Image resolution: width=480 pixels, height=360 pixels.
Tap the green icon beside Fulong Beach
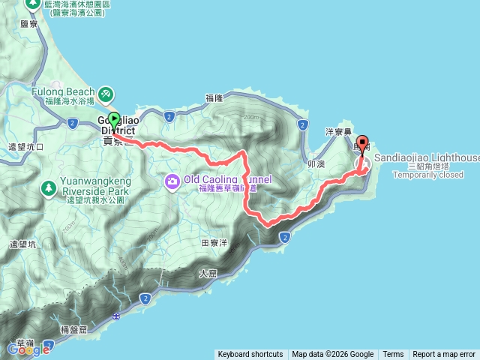click(106, 93)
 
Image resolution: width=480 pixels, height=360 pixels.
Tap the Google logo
click(28, 348)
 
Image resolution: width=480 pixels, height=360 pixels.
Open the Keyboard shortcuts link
click(250, 355)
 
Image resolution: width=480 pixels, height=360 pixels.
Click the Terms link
click(393, 355)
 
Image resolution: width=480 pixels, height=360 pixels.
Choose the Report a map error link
click(444, 355)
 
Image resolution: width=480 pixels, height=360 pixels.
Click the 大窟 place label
click(208, 274)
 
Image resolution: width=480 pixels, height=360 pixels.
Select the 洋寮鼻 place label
click(338, 131)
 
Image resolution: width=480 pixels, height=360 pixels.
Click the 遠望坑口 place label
click(25, 146)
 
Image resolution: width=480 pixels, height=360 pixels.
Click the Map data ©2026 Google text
click(332, 355)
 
